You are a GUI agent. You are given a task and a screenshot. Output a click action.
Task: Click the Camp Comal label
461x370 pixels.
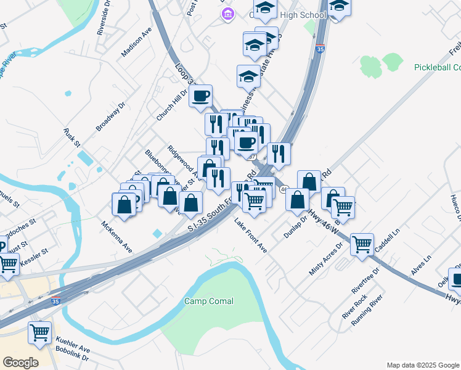pos(209,301)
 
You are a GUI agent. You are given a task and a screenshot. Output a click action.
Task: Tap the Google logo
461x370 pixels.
pos(21,363)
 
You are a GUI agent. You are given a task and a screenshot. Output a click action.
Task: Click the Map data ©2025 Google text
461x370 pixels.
pos(423,365)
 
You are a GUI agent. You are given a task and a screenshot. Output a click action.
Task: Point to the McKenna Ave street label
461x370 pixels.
pos(117,237)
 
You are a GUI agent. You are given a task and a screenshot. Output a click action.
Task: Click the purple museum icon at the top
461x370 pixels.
pos(227,14)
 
